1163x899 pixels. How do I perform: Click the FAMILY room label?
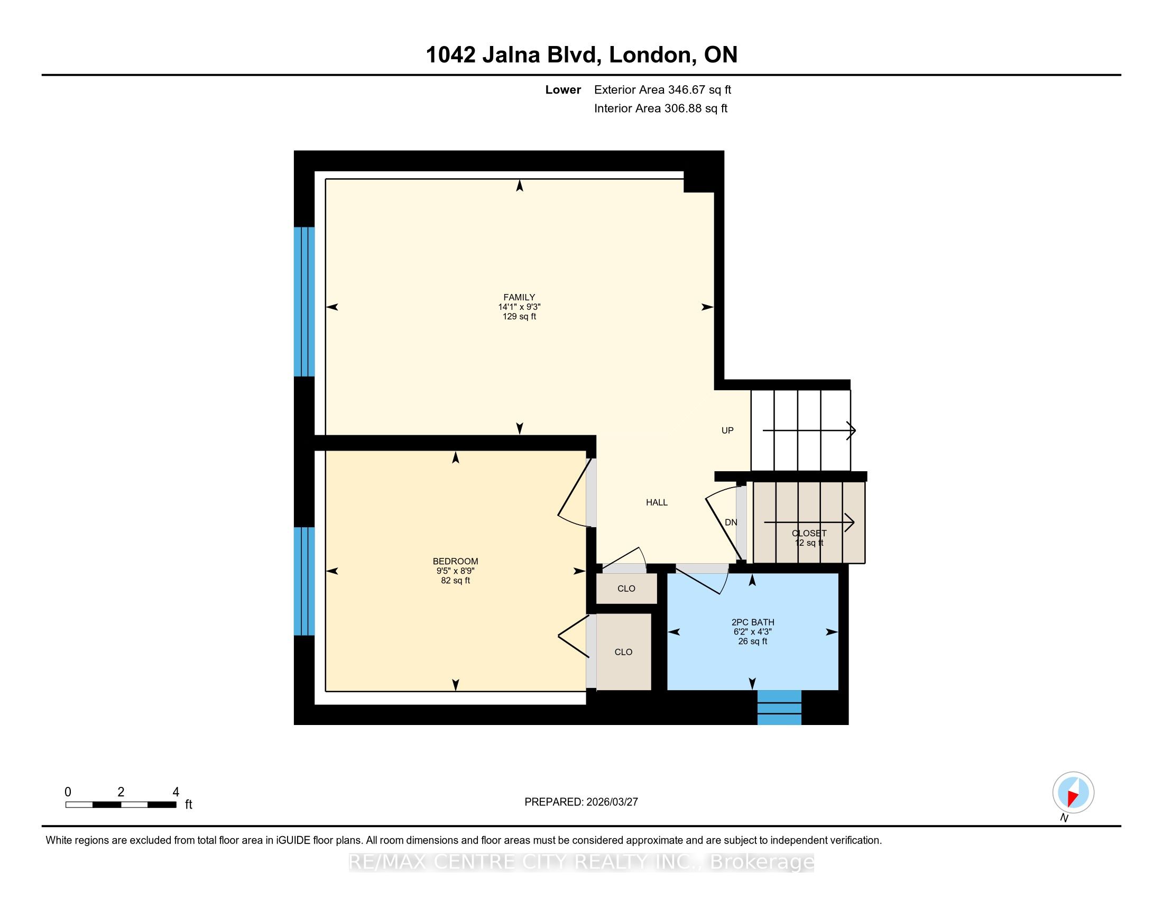519,297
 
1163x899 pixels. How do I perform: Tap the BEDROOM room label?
455,561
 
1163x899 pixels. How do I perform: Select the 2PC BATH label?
752,622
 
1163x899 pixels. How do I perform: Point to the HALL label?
657,502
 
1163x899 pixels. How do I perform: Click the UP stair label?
727,430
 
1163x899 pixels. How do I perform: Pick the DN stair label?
731,522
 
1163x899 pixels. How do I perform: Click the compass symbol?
1073,793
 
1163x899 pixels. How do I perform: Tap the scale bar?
121,805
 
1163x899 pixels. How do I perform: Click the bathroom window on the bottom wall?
779,707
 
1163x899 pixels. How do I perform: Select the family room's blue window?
304,302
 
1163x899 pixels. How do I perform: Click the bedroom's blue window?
304,581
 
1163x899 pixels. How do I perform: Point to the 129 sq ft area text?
519,316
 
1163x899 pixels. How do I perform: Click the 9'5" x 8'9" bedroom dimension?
455,571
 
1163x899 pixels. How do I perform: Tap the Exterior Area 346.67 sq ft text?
662,89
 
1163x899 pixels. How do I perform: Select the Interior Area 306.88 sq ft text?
661,108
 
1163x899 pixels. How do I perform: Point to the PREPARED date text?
581,802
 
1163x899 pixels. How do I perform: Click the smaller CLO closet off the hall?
626,589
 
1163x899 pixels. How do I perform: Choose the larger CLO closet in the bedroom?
624,652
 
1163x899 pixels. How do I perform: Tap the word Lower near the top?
563,89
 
